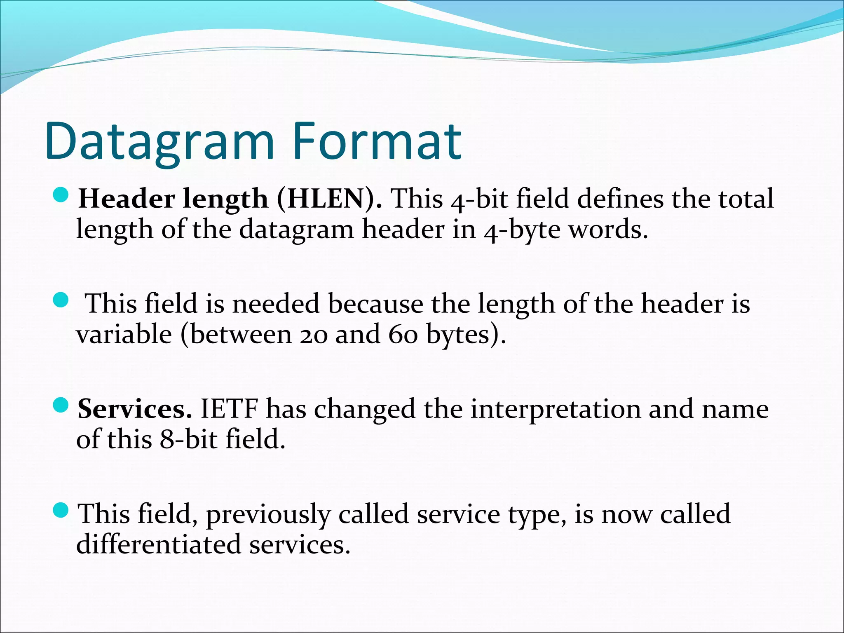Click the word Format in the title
tap(377, 141)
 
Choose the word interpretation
tap(555, 410)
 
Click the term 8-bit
tap(188, 439)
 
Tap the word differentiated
tap(158, 544)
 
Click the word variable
tap(124, 334)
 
